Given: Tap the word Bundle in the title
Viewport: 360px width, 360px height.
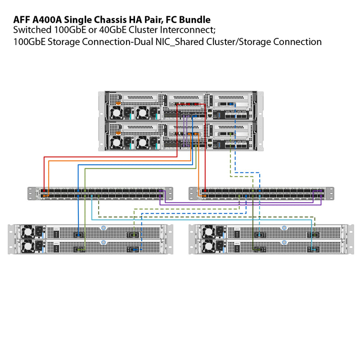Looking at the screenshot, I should click(x=195, y=20).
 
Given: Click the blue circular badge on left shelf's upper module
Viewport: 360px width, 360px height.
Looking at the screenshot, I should click(x=103, y=228).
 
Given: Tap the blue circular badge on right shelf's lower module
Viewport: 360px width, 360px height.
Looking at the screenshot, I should click(x=284, y=242).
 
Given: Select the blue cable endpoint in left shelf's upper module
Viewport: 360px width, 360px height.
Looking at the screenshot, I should click(x=79, y=234).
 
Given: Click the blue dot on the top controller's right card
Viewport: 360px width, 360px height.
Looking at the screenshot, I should click(x=230, y=103).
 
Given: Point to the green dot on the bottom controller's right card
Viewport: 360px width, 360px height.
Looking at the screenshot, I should click(x=230, y=134).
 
